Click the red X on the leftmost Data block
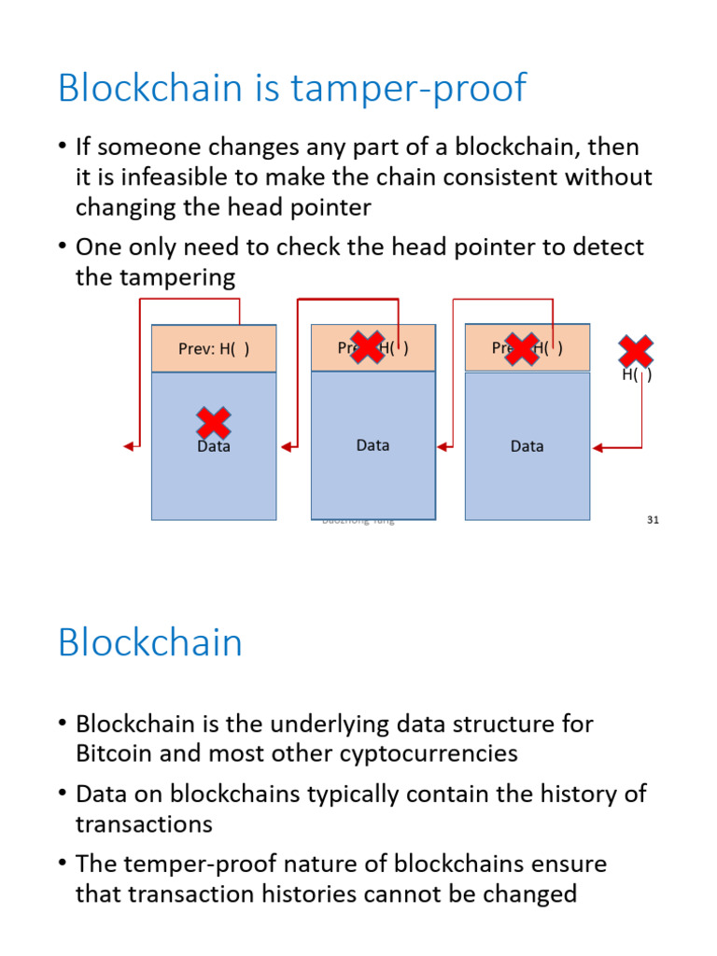[x=214, y=423]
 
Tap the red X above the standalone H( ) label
[x=636, y=352]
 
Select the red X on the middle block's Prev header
[x=367, y=346]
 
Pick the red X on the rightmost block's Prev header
[x=522, y=348]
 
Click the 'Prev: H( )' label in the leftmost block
[x=214, y=349]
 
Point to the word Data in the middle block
[x=373, y=445]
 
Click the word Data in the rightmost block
[x=527, y=446]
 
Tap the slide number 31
[x=653, y=520]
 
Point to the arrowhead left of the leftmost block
[x=129, y=446]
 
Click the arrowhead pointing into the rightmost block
[x=598, y=448]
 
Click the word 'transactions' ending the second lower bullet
[x=144, y=824]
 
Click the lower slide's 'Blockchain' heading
[x=150, y=643]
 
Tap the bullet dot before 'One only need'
[x=62, y=247]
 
